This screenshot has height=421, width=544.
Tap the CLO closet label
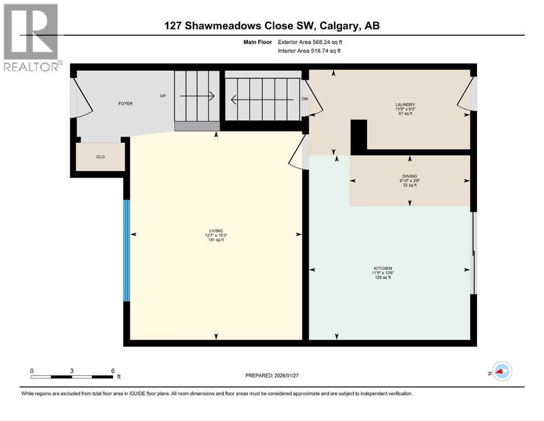point(100,157)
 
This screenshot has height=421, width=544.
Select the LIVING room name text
point(215,231)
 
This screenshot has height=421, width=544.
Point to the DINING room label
point(409,176)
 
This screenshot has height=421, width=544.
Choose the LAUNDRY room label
point(406,105)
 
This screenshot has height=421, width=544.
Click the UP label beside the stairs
point(163,96)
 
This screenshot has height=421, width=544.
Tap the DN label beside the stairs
point(305,99)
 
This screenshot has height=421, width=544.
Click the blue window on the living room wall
point(127,250)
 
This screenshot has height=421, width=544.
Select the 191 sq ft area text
point(215,241)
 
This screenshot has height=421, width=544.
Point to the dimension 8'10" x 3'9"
point(409,181)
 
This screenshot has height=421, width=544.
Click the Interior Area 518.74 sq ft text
point(310,50)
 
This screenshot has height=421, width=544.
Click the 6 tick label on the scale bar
point(112,371)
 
